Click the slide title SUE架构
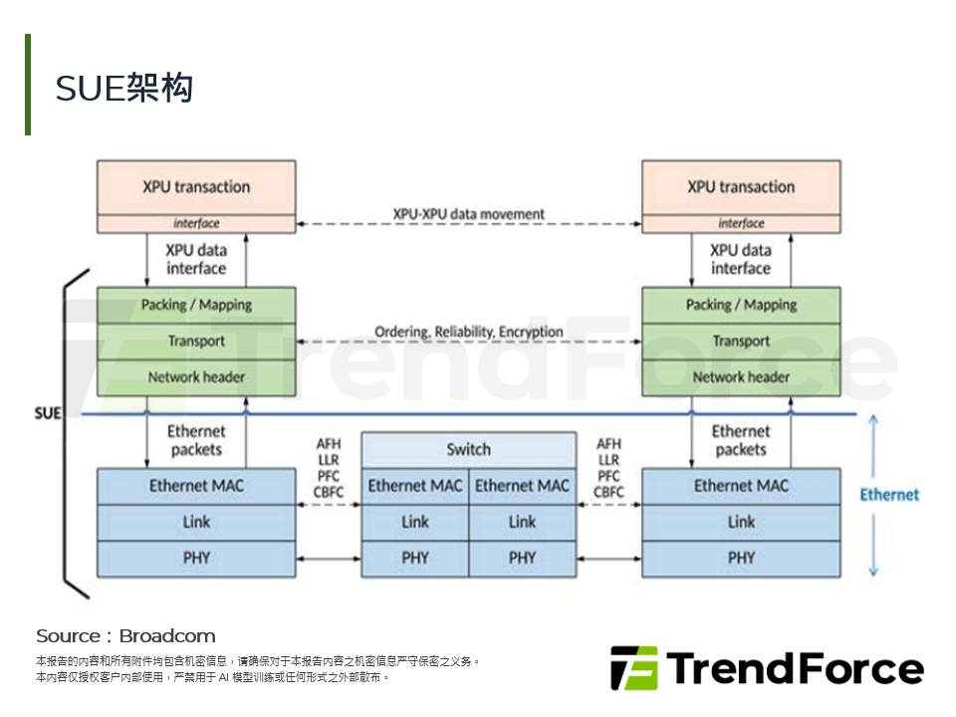pos(124,89)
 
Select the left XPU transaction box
pos(196,187)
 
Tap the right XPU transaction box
pos(741,187)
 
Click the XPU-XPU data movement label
pos(468,214)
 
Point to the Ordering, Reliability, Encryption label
pos(468,332)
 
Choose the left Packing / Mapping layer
pos(196,305)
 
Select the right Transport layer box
pos(741,341)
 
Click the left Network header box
pos(196,377)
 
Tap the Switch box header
pos(468,449)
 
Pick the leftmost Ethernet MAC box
pos(196,486)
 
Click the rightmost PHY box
pos(741,558)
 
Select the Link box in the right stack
pos(741,522)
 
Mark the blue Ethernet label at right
pos(889,495)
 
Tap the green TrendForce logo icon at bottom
pos(633,668)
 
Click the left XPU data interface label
pos(196,259)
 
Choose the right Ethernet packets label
pos(741,440)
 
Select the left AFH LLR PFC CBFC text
pos(329,467)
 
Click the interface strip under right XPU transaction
pos(741,224)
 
